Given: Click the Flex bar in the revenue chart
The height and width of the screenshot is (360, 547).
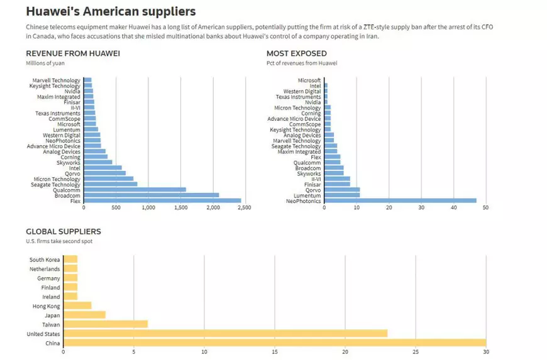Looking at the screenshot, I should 162,201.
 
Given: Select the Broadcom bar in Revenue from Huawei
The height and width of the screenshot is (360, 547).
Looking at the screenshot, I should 151,195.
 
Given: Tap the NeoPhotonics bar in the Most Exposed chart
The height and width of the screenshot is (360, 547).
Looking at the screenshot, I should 400,201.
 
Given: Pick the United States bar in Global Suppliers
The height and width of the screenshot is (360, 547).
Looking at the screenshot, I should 226,334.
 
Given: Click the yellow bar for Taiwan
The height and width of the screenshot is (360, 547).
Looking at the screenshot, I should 106,324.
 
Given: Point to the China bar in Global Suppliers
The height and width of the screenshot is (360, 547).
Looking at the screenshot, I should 275,343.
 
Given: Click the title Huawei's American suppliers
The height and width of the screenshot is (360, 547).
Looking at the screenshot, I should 111,12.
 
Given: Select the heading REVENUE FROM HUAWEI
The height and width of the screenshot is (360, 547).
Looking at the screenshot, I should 73,53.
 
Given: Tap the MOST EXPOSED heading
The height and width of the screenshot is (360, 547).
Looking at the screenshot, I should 296,53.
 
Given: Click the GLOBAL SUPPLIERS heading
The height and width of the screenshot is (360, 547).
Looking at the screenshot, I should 64,232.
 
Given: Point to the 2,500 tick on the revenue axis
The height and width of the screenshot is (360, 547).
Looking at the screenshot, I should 244,208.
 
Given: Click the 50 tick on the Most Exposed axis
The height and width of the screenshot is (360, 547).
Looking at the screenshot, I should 485,208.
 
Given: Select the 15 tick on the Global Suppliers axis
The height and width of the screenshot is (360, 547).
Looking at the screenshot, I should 274,352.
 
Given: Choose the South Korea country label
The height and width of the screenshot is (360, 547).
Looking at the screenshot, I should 45,259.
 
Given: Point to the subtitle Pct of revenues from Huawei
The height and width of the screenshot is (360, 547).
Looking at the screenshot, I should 302,63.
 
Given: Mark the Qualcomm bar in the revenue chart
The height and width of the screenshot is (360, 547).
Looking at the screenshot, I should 135,190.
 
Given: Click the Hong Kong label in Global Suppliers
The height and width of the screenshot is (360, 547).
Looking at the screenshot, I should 46,306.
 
